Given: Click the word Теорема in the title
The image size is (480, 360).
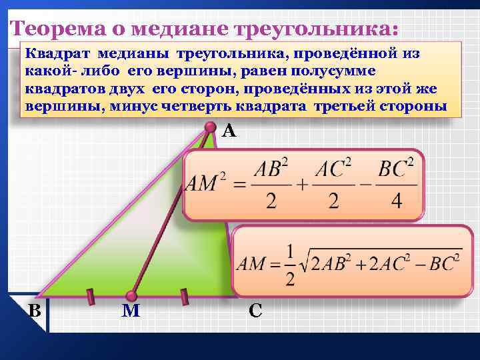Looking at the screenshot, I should tap(53, 29).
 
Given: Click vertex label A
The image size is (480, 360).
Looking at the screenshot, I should tap(229, 131).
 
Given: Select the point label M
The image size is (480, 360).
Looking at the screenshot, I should tap(131, 310).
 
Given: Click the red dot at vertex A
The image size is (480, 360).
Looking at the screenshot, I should tap(211, 127).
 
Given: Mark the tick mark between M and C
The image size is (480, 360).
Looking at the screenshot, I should tap(184, 294).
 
